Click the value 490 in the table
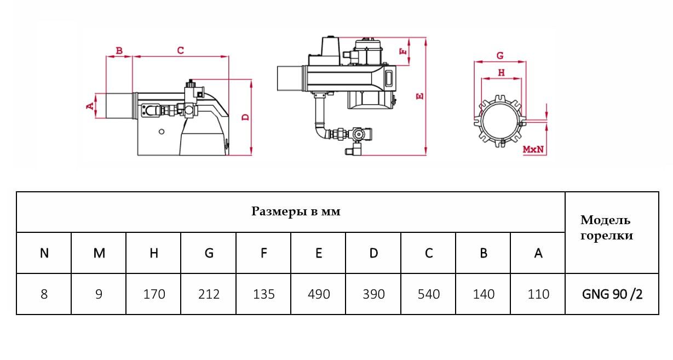tap(319, 294)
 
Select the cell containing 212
tap(209, 294)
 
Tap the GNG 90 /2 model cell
tap(612, 294)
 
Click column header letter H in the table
tap(154, 253)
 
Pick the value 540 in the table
tap(428, 294)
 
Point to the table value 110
tap(538, 294)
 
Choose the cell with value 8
tap(44, 294)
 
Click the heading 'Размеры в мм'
tap(296, 212)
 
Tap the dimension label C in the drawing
tap(180, 50)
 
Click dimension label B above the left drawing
tap(119, 51)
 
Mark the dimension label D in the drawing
tap(246, 117)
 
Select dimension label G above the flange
tap(499, 56)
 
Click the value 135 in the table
tap(264, 294)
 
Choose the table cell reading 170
tap(154, 294)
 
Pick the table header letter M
tap(99, 253)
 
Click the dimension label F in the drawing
tap(404, 52)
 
